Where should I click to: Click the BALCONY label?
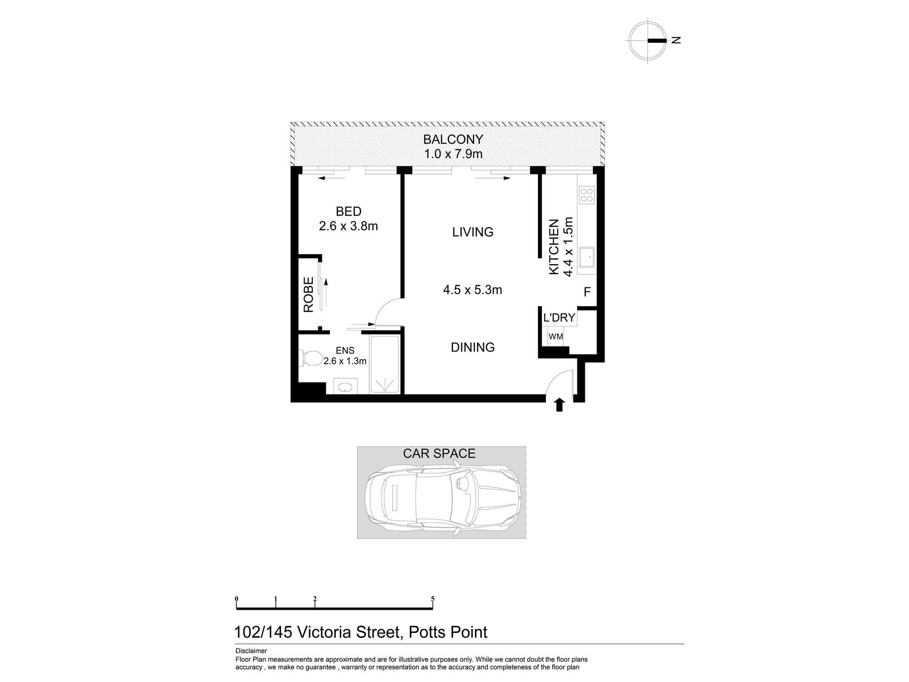[x=453, y=139]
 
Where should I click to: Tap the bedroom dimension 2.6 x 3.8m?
[x=348, y=226]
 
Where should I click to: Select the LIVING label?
[x=473, y=232]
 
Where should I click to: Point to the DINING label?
[x=473, y=347]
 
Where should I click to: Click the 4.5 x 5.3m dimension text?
[x=473, y=290]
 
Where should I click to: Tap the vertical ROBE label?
[x=309, y=294]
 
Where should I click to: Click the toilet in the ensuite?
[x=310, y=358]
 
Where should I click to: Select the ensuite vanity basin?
[x=345, y=387]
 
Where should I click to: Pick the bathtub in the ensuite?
[x=385, y=364]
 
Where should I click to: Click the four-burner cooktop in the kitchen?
[x=586, y=195]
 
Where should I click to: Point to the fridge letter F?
[x=587, y=292]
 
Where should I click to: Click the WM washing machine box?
[x=556, y=337]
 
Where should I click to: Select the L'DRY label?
[x=559, y=318]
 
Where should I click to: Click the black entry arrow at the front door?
[x=559, y=405]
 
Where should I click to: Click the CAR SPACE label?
[x=439, y=453]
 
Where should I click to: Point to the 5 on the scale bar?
[x=433, y=599]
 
